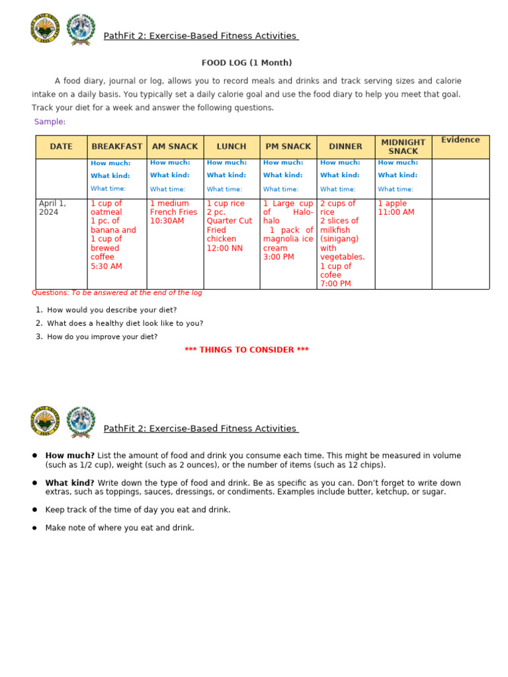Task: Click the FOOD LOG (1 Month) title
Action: click(246, 63)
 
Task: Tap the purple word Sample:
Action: click(50, 122)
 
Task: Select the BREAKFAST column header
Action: click(116, 147)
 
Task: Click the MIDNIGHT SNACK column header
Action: click(403, 147)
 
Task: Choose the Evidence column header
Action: click(460, 140)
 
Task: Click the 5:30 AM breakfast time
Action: click(106, 266)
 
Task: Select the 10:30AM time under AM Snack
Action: click(167, 221)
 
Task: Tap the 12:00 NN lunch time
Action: click(224, 249)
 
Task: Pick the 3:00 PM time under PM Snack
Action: click(278, 257)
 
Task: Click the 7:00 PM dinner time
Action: click(335, 284)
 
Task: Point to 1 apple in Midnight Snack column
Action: click(392, 204)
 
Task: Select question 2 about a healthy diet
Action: click(125, 323)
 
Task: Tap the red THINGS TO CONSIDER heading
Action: click(246, 350)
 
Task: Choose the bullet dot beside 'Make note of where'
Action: click(34, 528)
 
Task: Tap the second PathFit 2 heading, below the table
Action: click(200, 428)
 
